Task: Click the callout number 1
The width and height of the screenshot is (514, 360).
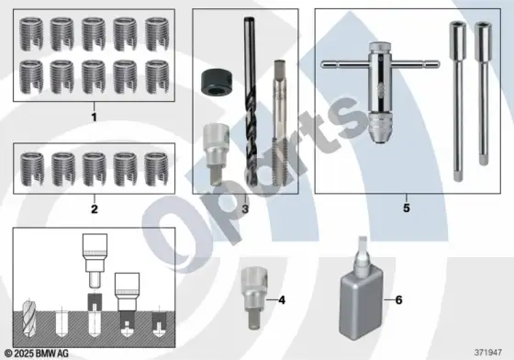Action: [x=94, y=117]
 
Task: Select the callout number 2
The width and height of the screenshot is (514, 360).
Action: [x=95, y=208]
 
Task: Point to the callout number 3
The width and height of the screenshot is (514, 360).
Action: [x=245, y=208]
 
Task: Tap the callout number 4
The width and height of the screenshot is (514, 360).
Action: [x=282, y=300]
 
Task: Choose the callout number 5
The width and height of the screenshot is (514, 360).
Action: [x=407, y=208]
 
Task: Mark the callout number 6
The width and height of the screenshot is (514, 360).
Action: [x=398, y=300]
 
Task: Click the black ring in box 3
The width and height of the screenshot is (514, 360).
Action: [x=213, y=83]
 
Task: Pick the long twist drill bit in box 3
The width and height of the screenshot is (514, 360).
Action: [x=250, y=102]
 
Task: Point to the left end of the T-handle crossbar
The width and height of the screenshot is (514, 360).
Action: [x=322, y=64]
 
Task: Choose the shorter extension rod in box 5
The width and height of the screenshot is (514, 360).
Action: [x=483, y=94]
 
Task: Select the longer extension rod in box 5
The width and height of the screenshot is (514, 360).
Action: [x=458, y=101]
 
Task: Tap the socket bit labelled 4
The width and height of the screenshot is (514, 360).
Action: [x=253, y=298]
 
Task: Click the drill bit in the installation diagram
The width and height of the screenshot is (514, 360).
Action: [x=28, y=318]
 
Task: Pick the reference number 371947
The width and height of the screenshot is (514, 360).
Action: [x=488, y=353]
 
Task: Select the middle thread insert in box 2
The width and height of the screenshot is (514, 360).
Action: [x=94, y=169]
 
